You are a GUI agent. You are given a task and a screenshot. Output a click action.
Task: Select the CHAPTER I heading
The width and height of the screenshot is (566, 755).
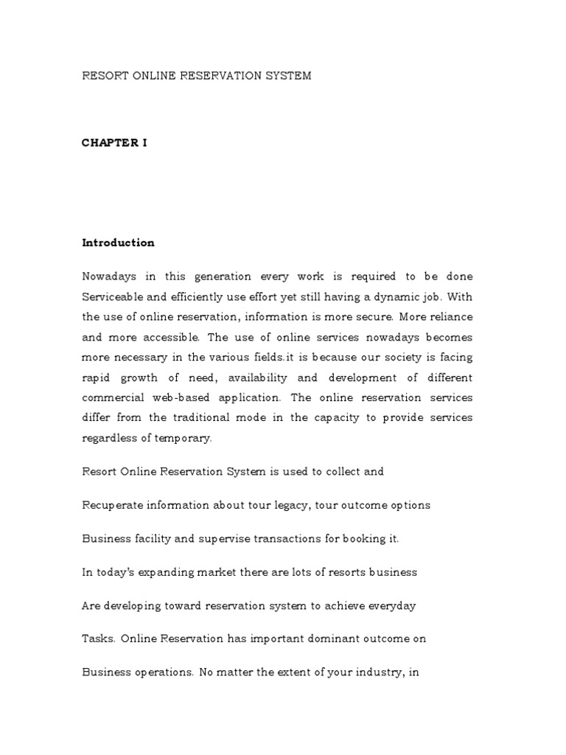click(x=114, y=143)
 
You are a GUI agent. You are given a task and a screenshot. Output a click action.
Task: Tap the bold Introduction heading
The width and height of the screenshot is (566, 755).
click(x=118, y=243)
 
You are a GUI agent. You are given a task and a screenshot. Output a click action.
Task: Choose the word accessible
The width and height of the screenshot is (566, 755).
click(x=171, y=337)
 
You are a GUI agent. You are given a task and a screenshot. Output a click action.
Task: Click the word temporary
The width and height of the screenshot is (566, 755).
click(x=184, y=437)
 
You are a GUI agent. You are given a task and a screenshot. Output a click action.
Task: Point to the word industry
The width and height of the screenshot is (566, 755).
click(x=374, y=673)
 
